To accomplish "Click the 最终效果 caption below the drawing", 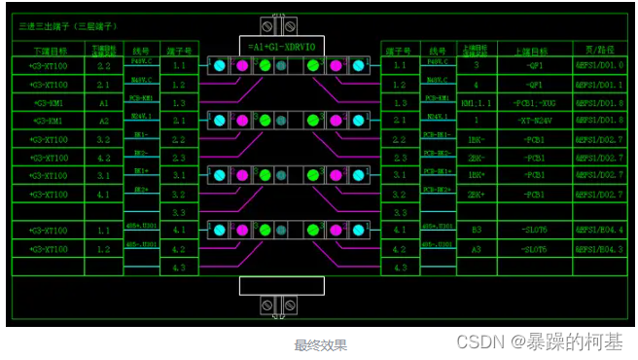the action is coord(321,344).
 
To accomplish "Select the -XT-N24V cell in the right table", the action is coord(534,121).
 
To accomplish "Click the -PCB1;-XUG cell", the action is coord(534,102).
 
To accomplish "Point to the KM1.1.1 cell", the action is coord(477,102).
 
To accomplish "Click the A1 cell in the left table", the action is coord(104,102).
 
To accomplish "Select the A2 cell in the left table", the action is coord(104,121).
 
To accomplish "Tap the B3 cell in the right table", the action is coord(477,231).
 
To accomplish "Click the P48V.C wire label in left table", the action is coord(141,62).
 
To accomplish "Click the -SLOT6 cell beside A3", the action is coord(534,249).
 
